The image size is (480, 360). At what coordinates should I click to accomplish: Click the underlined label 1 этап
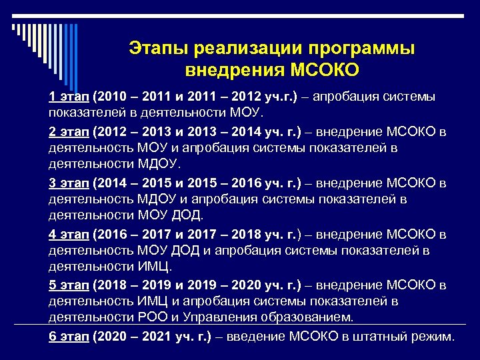[x=69, y=97]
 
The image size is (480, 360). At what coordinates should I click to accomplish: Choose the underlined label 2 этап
[x=69, y=131]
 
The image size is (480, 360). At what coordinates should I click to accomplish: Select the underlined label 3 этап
[x=69, y=183]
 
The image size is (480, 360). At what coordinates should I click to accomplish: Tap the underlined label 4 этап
[x=69, y=235]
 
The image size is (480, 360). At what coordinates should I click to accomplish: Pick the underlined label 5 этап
[x=69, y=285]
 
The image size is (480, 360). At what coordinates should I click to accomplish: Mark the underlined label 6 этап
[x=69, y=337]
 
